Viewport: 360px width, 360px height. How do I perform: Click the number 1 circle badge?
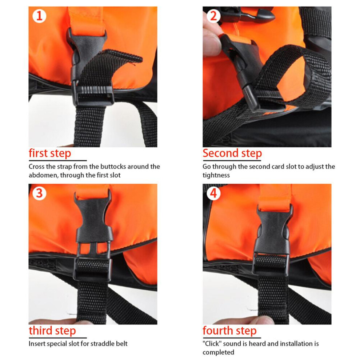(x=39, y=16)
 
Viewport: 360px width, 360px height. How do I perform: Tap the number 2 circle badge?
(x=213, y=16)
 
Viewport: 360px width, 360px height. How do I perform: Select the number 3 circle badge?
(x=39, y=193)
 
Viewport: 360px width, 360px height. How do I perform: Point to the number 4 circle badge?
(x=213, y=193)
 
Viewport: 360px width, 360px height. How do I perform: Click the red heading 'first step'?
(x=50, y=153)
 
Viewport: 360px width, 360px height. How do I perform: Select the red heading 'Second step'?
(x=232, y=153)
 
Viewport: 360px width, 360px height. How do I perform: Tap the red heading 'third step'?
(x=52, y=331)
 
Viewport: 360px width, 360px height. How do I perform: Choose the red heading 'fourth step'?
(x=229, y=331)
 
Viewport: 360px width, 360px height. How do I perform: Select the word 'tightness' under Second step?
(x=216, y=175)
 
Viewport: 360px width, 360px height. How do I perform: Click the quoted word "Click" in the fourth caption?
(x=212, y=344)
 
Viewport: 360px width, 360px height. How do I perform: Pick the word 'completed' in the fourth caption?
(x=218, y=352)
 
